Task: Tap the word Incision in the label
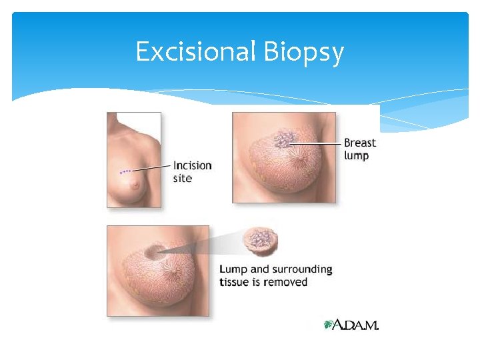pyautogui.click(x=192, y=165)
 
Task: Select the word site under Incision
pyautogui.click(x=182, y=178)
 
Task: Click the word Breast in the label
pyautogui.click(x=359, y=143)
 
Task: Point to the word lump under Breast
pyautogui.click(x=355, y=155)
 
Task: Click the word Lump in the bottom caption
pyautogui.click(x=233, y=269)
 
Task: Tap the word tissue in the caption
pyautogui.click(x=235, y=282)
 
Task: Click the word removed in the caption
pyautogui.click(x=285, y=282)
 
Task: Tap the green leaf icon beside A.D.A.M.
pyautogui.click(x=327, y=324)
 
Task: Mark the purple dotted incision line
pyautogui.click(x=125, y=171)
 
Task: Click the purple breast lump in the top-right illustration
pyautogui.click(x=285, y=140)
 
